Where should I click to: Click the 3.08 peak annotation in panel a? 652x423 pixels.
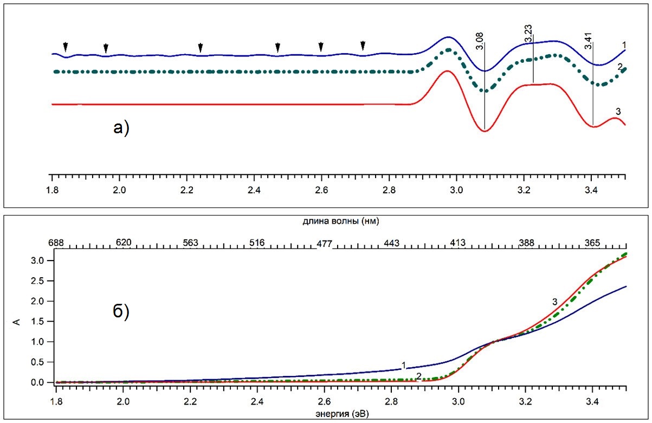coord(480,41)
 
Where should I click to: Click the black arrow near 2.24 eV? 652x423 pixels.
coord(201,47)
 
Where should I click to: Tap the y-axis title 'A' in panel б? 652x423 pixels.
coord(16,323)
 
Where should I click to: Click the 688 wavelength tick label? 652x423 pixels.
coord(56,243)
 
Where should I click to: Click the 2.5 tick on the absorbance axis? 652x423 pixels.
coord(43,281)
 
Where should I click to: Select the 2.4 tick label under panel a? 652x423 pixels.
coord(254,190)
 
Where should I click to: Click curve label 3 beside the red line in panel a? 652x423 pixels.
coord(618,112)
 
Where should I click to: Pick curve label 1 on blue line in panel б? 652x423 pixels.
coord(404,365)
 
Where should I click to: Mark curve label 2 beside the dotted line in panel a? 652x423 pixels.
coord(619,66)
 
